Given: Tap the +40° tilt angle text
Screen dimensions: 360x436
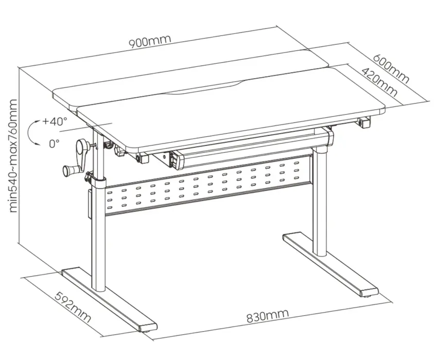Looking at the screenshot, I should coord(55,122).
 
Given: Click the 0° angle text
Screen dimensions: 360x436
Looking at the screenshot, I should coord(54,143).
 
